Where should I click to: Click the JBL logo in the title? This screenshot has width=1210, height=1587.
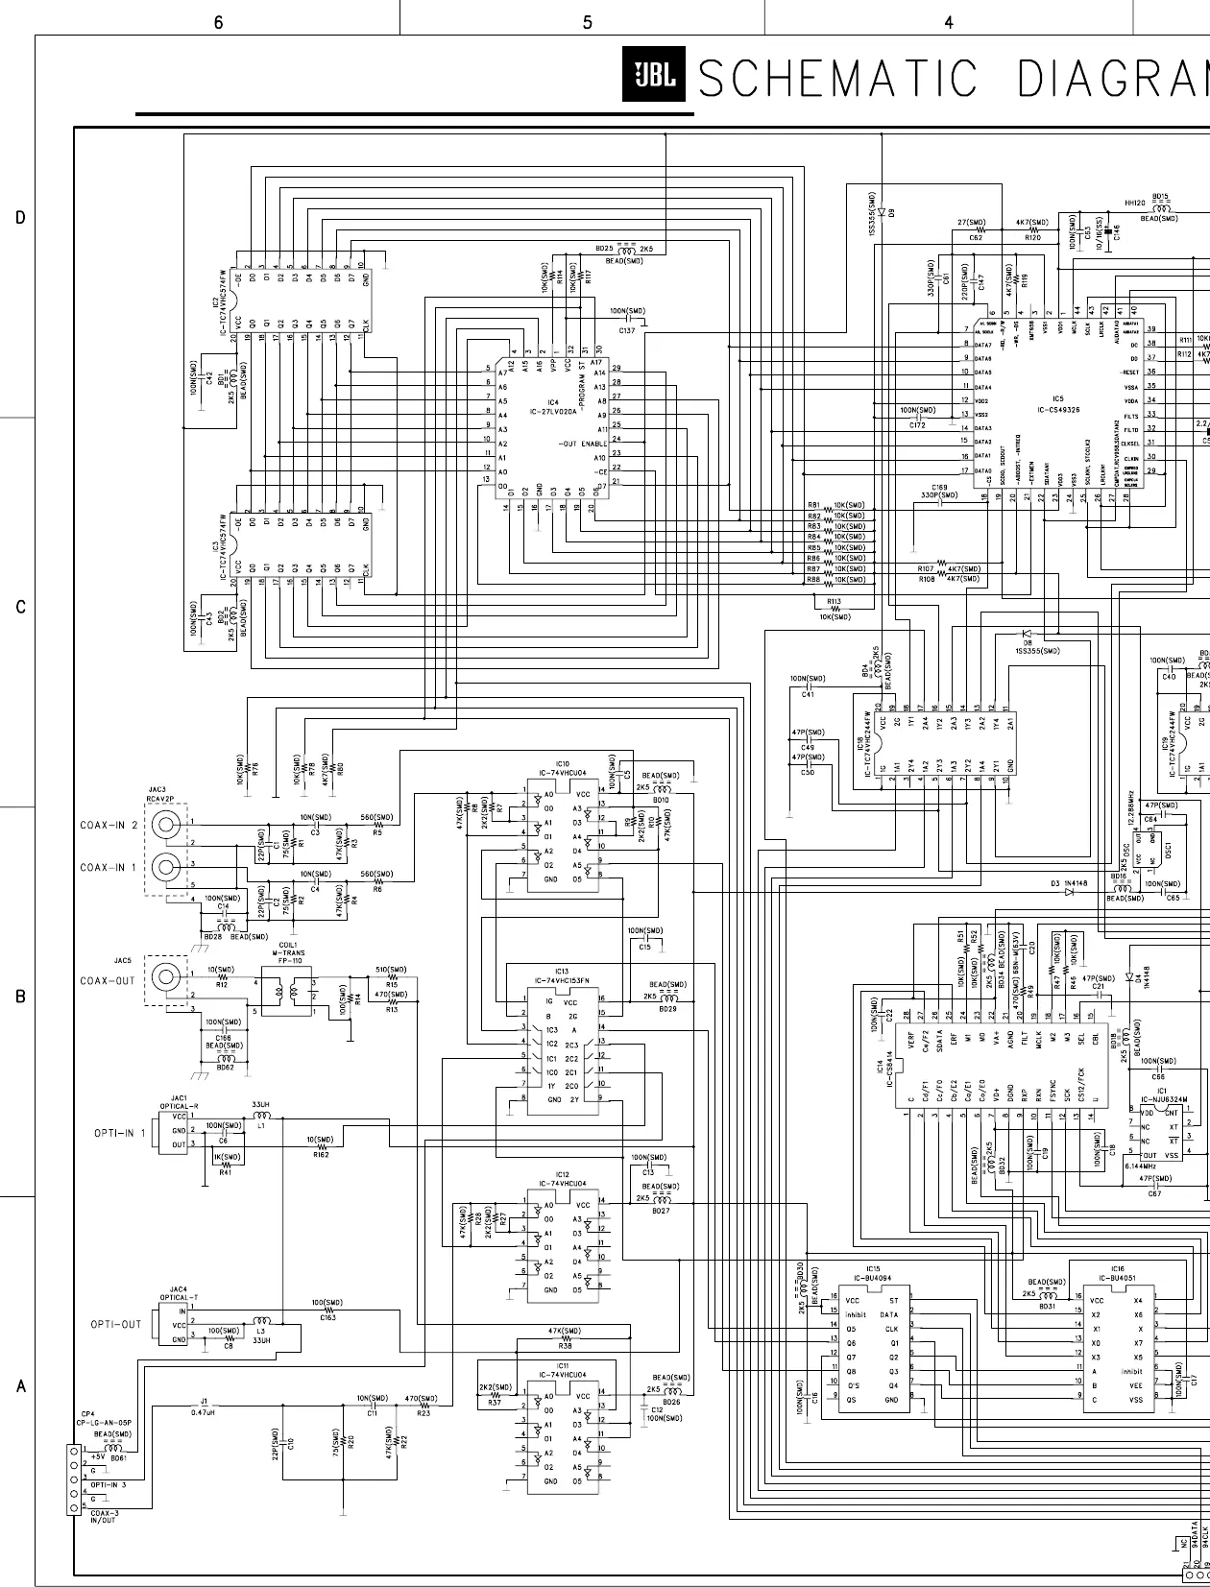coord(651,75)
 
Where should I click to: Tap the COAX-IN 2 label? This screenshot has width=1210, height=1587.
coord(109,825)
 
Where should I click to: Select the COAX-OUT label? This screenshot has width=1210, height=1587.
coord(108,980)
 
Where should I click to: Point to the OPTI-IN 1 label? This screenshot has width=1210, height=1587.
coord(120,1133)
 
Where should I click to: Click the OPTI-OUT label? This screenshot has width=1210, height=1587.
coord(116,1324)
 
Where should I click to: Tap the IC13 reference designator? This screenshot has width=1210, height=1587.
coord(562,972)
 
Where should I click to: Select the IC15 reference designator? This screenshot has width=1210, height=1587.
coord(872,1268)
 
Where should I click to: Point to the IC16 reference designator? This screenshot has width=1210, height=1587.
coord(1117,1268)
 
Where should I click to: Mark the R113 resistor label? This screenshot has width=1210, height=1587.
coord(834,601)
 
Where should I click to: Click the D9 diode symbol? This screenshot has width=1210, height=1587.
coord(881,211)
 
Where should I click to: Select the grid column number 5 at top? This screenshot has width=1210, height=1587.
coord(587,23)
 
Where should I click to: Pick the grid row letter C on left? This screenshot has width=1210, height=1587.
coord(19,608)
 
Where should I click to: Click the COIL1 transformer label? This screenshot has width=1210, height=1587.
coord(287,944)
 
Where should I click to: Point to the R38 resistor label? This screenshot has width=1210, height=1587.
coord(565,1347)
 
